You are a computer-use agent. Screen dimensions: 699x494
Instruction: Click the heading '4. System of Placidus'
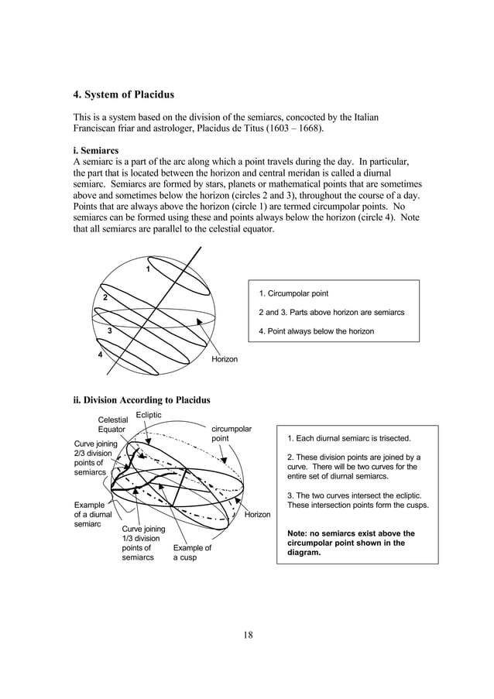(123, 95)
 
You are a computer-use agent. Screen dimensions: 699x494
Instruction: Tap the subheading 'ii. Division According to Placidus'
(141, 400)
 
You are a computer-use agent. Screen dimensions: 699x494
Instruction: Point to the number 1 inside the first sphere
(148, 269)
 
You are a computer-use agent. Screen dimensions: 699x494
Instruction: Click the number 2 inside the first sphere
(105, 298)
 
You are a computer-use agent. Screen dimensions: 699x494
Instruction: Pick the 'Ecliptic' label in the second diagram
(149, 416)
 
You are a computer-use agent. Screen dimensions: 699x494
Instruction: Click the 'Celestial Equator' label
(112, 425)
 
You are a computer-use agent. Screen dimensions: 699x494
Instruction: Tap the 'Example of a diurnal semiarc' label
(92, 514)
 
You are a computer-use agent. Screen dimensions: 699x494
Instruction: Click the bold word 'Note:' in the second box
(300, 533)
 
